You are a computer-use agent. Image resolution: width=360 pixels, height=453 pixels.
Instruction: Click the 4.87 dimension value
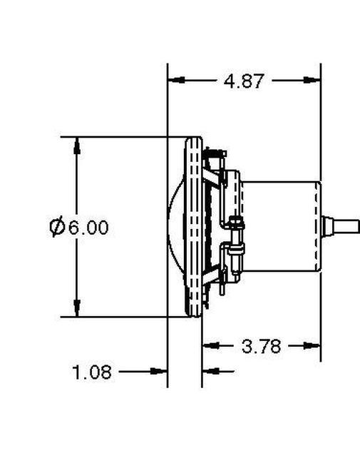[244, 81]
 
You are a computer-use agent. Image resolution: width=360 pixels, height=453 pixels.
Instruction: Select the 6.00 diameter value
[89, 228]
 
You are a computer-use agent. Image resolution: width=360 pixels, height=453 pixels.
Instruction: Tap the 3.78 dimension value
[262, 347]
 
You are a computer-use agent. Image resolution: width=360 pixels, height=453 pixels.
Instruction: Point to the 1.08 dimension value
[92, 372]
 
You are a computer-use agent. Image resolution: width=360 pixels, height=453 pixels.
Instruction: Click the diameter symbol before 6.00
[57, 228]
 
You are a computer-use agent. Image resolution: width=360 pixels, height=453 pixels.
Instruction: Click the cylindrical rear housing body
[282, 227]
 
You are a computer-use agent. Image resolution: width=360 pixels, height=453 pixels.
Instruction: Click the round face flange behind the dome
[192, 227]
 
